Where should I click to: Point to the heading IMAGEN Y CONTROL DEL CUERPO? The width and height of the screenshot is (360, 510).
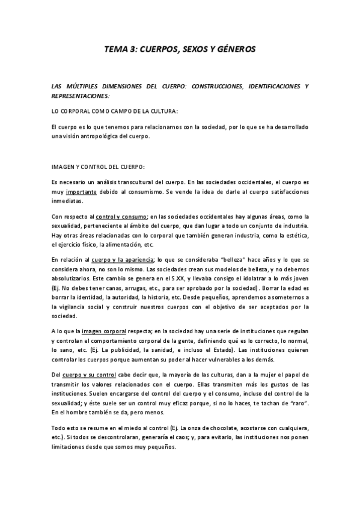[98, 165]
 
